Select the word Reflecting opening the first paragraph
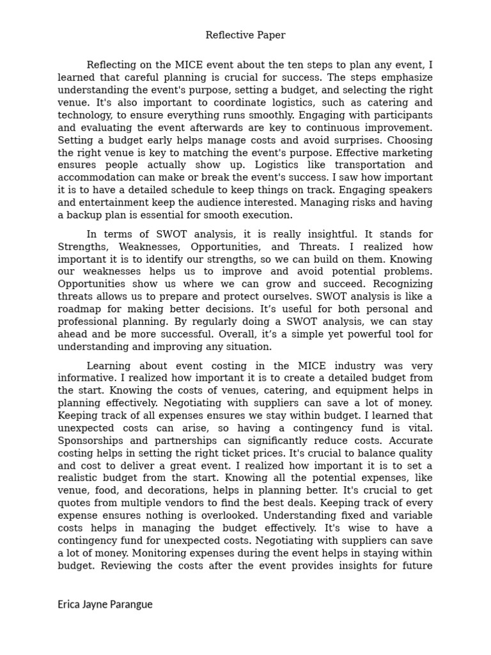point(113,65)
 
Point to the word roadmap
point(79,310)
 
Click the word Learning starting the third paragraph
point(109,366)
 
